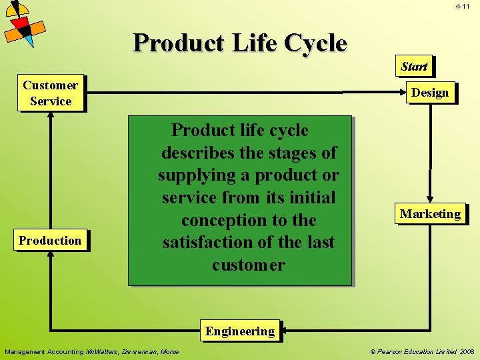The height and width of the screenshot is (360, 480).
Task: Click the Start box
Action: [414, 66]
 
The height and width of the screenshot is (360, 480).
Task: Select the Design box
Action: [430, 92]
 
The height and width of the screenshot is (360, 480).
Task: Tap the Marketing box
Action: [430, 213]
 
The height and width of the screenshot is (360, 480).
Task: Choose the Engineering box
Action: [240, 331]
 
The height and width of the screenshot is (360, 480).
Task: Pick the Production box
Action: [50, 240]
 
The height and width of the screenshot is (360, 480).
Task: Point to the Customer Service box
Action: [51, 93]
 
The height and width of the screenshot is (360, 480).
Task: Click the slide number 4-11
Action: [463, 6]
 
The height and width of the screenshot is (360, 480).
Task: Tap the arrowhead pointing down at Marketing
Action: [431, 199]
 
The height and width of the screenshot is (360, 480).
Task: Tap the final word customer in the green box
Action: [248, 265]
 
